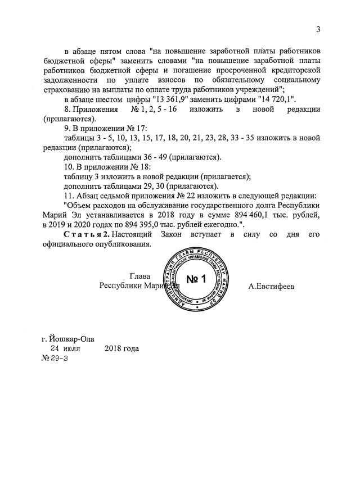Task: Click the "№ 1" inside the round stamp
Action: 197,279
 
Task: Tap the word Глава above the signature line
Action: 140,276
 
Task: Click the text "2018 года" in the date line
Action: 121,348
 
